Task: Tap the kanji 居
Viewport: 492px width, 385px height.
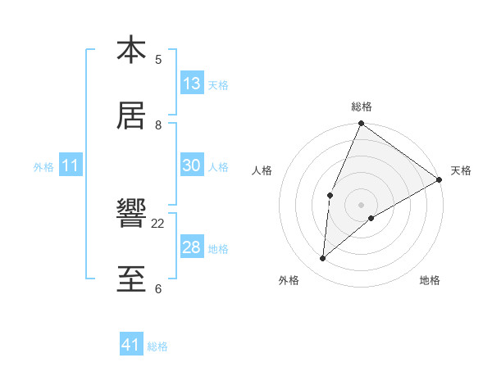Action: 131,115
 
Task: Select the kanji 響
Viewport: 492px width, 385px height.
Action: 131,214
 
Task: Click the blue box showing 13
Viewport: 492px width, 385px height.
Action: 192,83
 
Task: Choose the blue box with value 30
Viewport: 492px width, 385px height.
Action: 192,165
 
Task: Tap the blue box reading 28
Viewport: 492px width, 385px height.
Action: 192,247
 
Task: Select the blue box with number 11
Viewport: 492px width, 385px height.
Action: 71,166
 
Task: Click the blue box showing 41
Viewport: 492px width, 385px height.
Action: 131,345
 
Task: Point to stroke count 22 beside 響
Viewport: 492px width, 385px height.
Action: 158,223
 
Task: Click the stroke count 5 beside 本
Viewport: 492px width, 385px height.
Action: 158,59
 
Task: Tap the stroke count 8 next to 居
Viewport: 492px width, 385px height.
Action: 158,125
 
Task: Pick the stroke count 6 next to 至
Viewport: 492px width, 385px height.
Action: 158,288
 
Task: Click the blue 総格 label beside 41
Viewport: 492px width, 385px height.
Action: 157,346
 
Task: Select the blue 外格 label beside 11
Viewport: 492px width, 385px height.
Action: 43,167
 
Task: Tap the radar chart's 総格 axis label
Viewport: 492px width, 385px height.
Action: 361,106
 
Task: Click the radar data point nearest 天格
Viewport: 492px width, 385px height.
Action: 440,179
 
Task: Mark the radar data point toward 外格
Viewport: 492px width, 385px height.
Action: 322,259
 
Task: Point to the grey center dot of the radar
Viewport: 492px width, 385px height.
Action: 361,204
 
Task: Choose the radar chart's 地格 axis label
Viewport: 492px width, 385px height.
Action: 430,281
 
